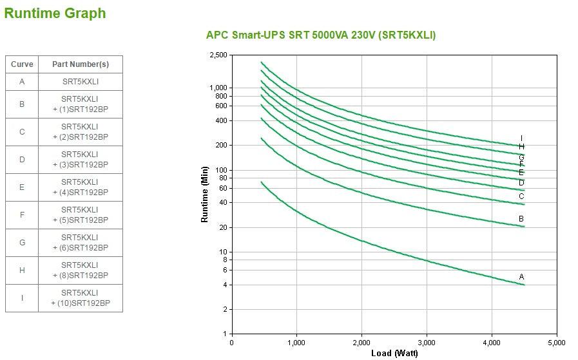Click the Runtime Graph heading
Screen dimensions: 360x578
55,13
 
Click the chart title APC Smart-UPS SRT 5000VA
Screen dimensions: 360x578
320,35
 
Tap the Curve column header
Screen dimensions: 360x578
22,64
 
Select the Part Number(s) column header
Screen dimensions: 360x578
80,64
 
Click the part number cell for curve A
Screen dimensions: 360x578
80,82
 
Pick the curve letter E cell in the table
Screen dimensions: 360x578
22,187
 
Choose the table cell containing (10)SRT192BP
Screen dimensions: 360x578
80,298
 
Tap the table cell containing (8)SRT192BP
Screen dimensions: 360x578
80,270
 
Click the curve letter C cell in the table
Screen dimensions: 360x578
22,132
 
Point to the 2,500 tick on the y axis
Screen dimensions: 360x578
218,55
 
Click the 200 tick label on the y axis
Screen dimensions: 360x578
221,146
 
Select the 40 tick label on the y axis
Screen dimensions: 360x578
223,203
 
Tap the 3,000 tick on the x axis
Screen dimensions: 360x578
427,342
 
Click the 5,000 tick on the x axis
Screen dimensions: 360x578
557,342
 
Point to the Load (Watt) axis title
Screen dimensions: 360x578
394,353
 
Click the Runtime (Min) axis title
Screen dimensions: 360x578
205,194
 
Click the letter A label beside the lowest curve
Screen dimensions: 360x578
522,277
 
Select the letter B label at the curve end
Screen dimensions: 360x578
521,219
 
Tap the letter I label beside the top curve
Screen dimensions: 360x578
522,138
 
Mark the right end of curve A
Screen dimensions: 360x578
525,285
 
